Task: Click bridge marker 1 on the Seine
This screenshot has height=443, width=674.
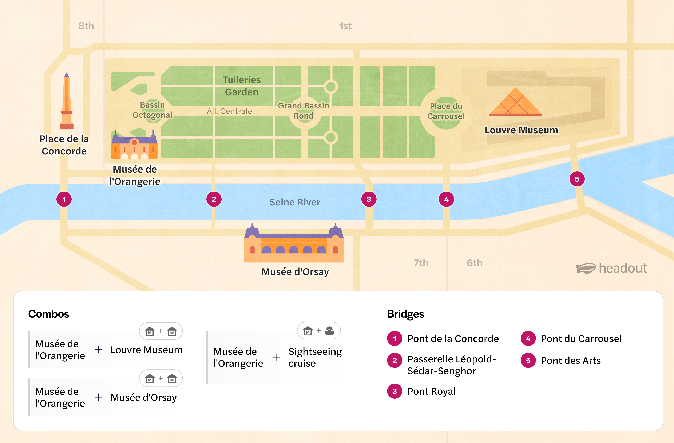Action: (64, 199)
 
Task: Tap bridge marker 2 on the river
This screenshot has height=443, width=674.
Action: (214, 199)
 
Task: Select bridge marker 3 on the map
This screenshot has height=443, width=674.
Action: (369, 199)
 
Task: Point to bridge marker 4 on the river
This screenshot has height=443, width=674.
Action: (446, 199)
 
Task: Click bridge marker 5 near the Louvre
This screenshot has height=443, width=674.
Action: (577, 179)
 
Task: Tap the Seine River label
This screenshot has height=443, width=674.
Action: (295, 202)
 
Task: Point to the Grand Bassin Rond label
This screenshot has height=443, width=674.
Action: (303, 111)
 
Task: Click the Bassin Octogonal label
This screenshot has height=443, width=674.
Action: (152, 110)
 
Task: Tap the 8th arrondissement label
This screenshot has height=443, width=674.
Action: (86, 26)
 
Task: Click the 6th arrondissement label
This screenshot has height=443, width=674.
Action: (474, 263)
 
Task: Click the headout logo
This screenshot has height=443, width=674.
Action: (611, 268)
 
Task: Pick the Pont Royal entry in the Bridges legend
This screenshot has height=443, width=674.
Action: (431, 391)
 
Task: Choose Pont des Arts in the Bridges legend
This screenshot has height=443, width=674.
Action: (571, 361)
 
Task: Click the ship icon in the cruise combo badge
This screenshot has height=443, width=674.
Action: (329, 331)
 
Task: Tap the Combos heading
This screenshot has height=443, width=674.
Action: (49, 314)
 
